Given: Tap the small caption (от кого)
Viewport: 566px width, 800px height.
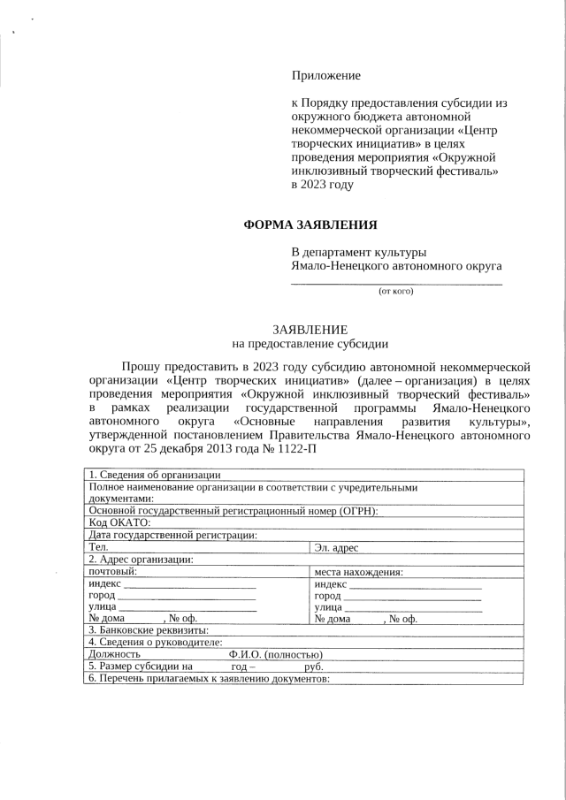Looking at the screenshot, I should (395, 290).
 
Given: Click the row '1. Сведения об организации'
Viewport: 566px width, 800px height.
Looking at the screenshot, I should (148, 476).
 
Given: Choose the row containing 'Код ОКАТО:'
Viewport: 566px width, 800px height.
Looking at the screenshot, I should (120, 522).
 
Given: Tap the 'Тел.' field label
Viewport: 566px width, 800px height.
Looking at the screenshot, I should (99, 547).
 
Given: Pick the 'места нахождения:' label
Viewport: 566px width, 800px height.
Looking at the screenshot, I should (359, 571).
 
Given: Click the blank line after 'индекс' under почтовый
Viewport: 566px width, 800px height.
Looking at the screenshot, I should (190, 587).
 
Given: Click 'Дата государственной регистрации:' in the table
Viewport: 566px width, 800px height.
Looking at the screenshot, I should (173, 534).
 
